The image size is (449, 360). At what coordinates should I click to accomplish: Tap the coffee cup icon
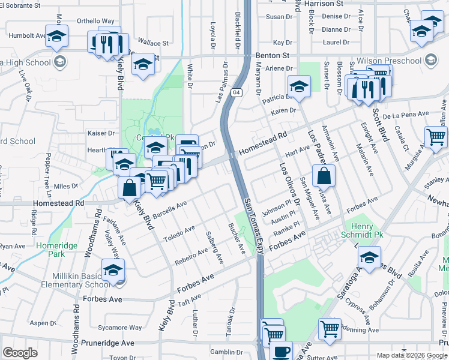(x=280, y=350)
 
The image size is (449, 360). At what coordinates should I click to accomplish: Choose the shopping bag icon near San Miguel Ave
(x=324, y=176)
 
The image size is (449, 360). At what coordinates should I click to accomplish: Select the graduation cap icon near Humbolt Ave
(x=56, y=37)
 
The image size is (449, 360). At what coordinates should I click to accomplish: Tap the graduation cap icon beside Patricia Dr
(x=299, y=87)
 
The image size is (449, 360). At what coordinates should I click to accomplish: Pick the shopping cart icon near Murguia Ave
(x=436, y=137)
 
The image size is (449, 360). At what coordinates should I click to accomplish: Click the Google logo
(x=20, y=353)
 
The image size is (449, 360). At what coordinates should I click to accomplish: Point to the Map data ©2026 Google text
(x=411, y=355)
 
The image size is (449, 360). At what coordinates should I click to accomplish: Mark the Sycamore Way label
(x=120, y=328)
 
